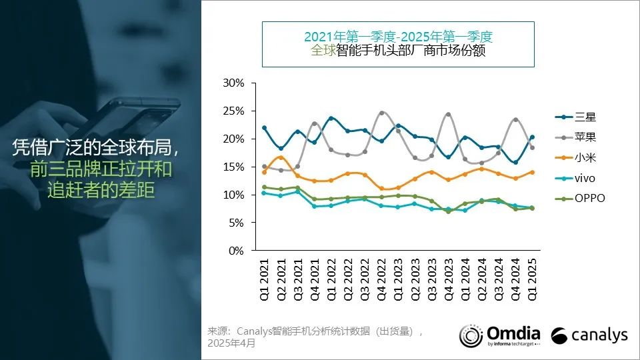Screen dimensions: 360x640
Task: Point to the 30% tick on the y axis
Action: (234, 83)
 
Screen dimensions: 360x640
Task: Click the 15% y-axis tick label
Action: (234, 167)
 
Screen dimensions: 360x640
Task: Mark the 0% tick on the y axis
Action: (237, 251)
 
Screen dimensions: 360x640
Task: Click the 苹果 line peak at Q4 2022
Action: (381, 113)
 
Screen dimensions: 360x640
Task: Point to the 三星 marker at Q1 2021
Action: (264, 127)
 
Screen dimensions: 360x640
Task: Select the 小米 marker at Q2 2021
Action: (281, 158)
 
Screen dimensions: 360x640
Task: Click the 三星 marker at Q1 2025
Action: (531, 137)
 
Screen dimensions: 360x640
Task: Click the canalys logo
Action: (590, 335)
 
